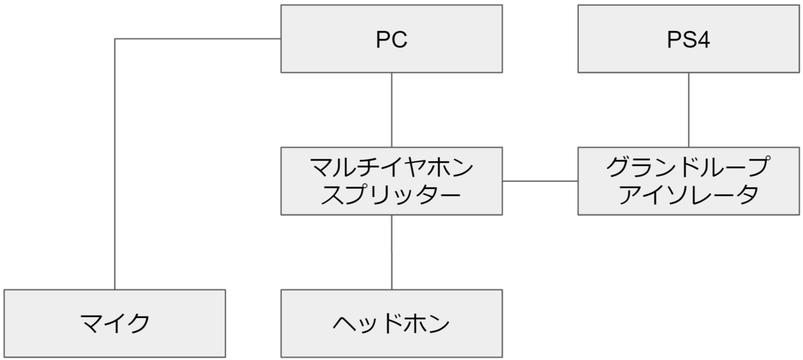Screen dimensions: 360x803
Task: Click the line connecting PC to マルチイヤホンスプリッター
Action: (x=391, y=110)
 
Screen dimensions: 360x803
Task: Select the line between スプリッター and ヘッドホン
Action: (x=391, y=252)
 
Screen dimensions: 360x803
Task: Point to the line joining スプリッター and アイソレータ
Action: (x=540, y=181)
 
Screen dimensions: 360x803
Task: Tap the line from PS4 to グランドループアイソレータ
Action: (x=689, y=110)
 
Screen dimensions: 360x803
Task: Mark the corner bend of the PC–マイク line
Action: (x=115, y=39)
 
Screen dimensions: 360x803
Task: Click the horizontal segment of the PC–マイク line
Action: (x=197, y=39)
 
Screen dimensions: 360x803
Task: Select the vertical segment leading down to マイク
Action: (x=115, y=167)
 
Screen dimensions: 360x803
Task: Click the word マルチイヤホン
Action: (x=391, y=167)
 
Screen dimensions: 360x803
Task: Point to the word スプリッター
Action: (x=391, y=195)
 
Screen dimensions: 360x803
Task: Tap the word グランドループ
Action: (x=689, y=167)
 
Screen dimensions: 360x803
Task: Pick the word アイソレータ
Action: (x=689, y=195)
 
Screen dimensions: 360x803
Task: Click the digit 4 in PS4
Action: (x=703, y=40)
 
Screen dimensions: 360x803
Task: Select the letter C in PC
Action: (x=399, y=40)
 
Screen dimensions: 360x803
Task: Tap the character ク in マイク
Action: (x=139, y=324)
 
